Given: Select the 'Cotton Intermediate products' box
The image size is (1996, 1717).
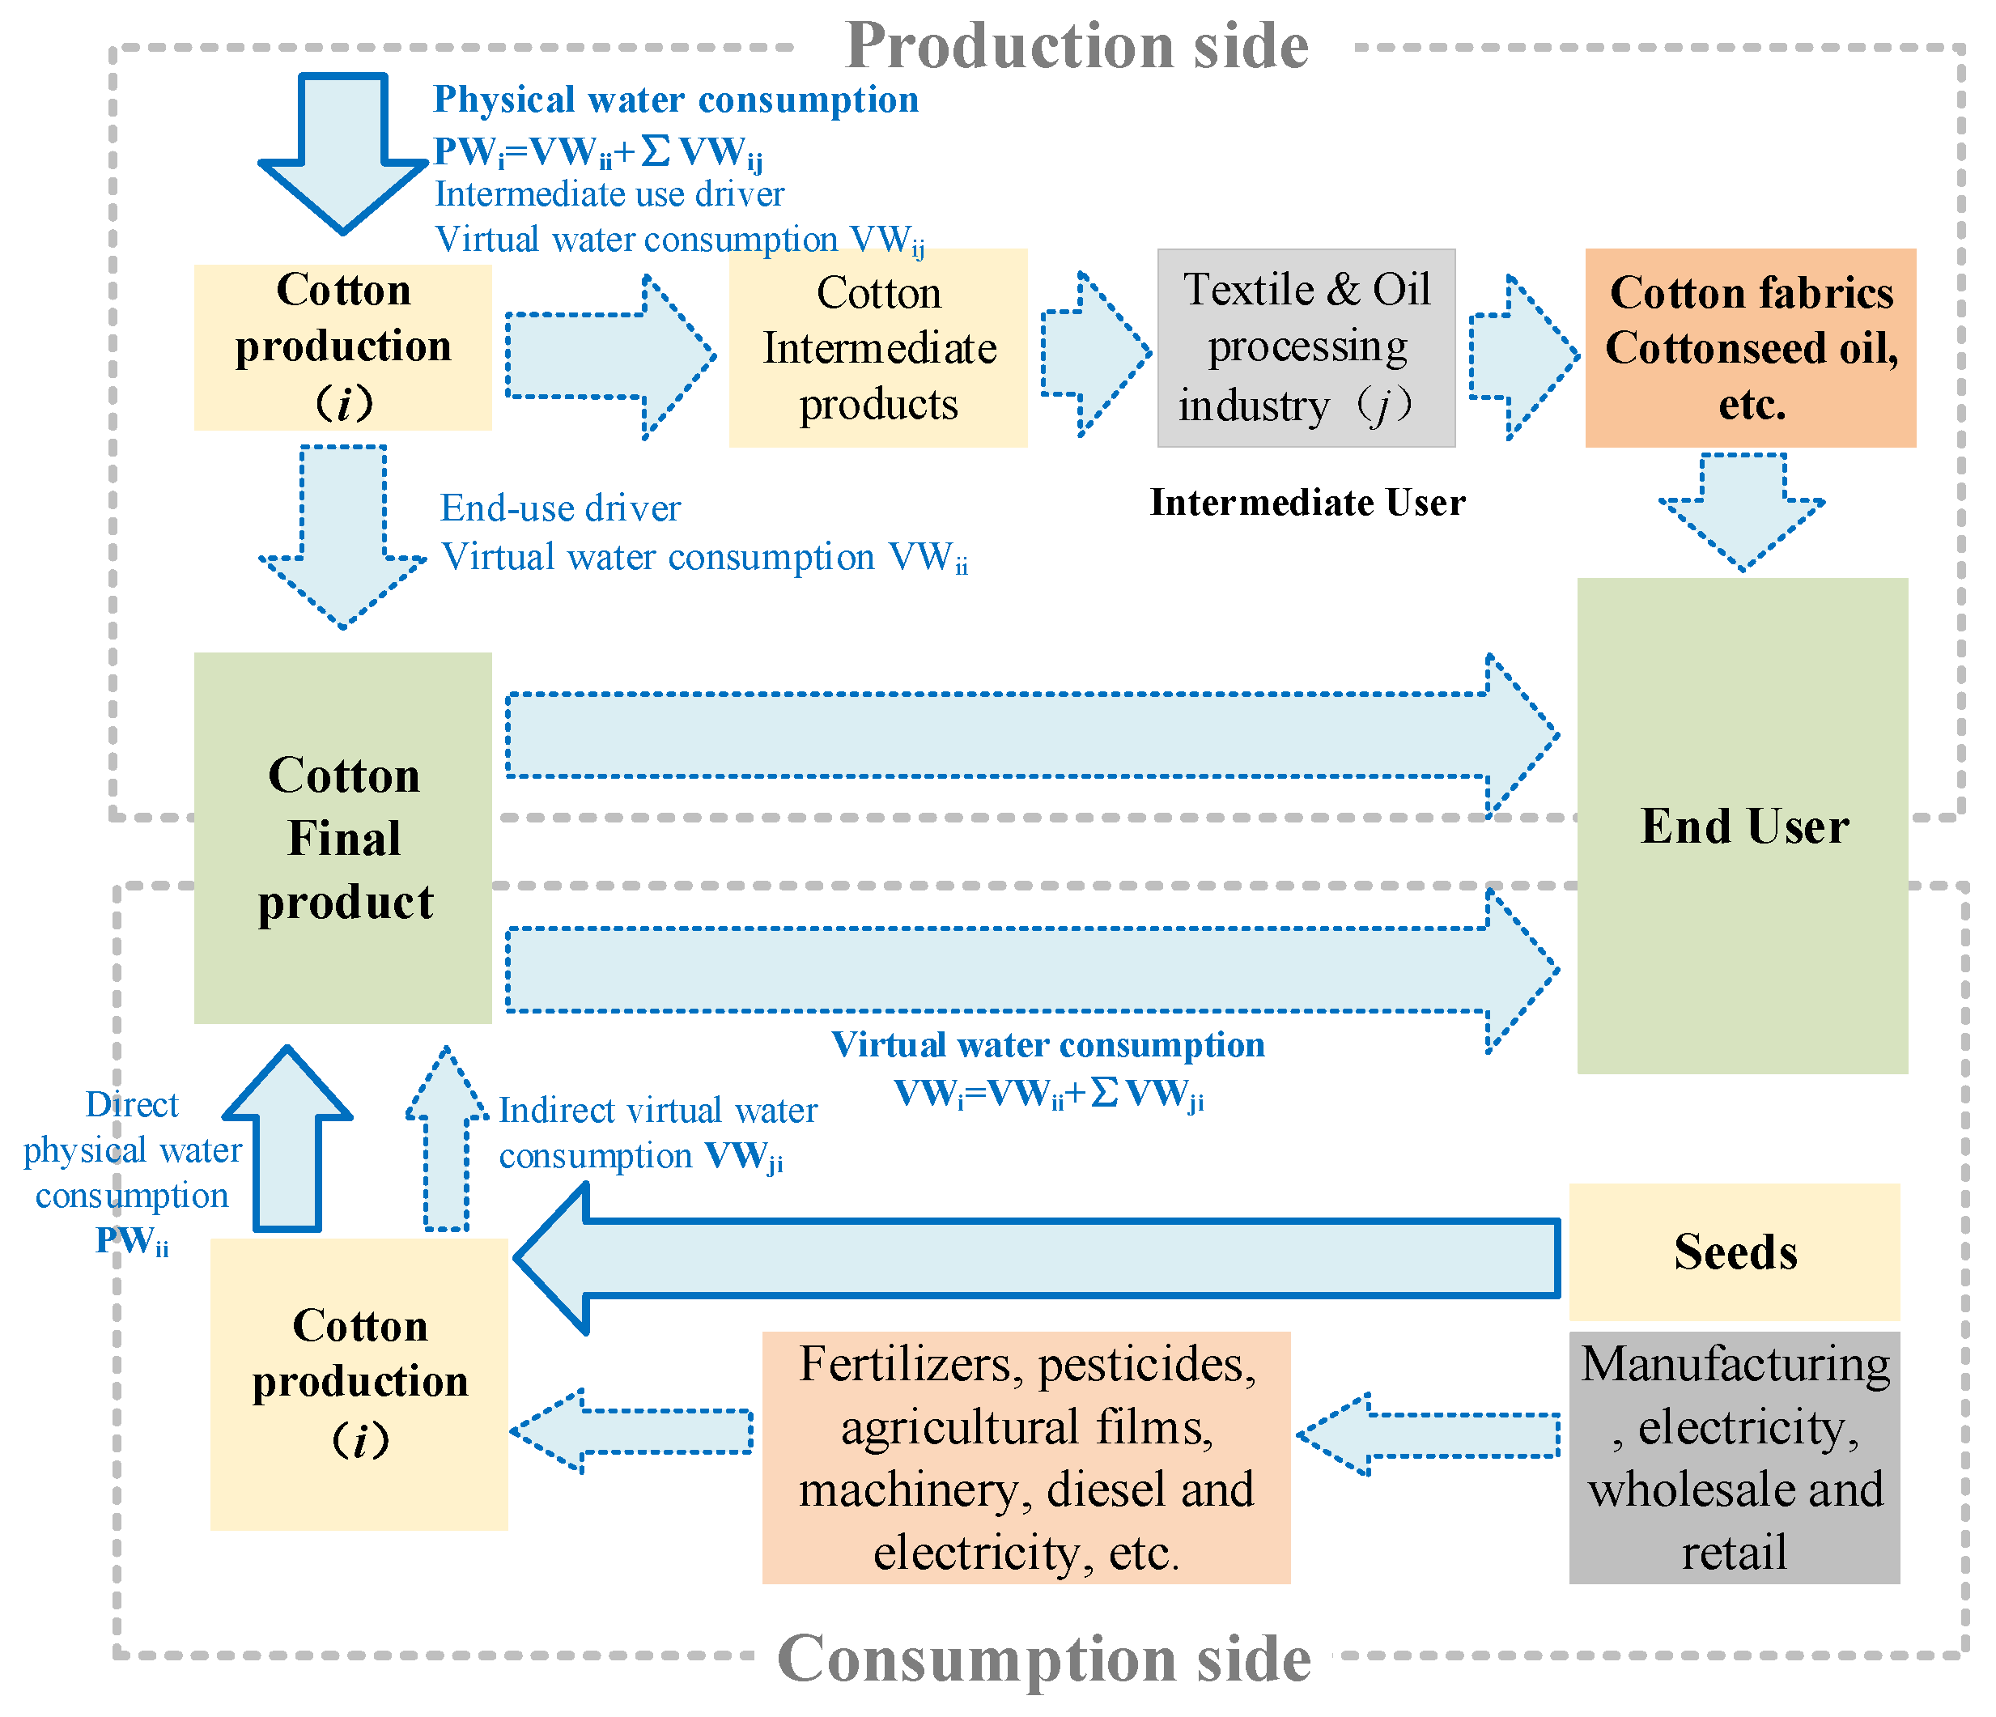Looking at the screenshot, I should pyautogui.click(x=877, y=348).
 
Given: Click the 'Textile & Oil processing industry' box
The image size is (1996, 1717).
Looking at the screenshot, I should pyautogui.click(x=1306, y=348).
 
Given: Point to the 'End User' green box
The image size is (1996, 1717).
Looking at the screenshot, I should pyautogui.click(x=1742, y=826).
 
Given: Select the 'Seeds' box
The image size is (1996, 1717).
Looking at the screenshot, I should pyautogui.click(x=1734, y=1252).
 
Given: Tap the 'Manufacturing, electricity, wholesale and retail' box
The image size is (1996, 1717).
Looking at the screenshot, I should pyautogui.click(x=1734, y=1457).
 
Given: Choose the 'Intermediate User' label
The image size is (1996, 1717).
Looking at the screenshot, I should pyautogui.click(x=1307, y=503).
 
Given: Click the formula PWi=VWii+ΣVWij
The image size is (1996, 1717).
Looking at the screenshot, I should pyautogui.click(x=597, y=152).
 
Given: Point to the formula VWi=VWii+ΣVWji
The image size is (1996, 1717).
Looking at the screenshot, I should pyautogui.click(x=1048, y=1094).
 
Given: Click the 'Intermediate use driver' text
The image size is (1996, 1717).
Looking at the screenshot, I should pyautogui.click(x=609, y=193).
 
